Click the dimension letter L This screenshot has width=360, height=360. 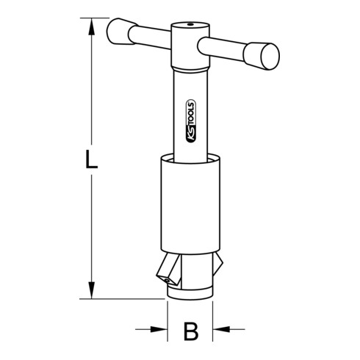tap(89, 160)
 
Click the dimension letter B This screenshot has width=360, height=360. tap(190, 333)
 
